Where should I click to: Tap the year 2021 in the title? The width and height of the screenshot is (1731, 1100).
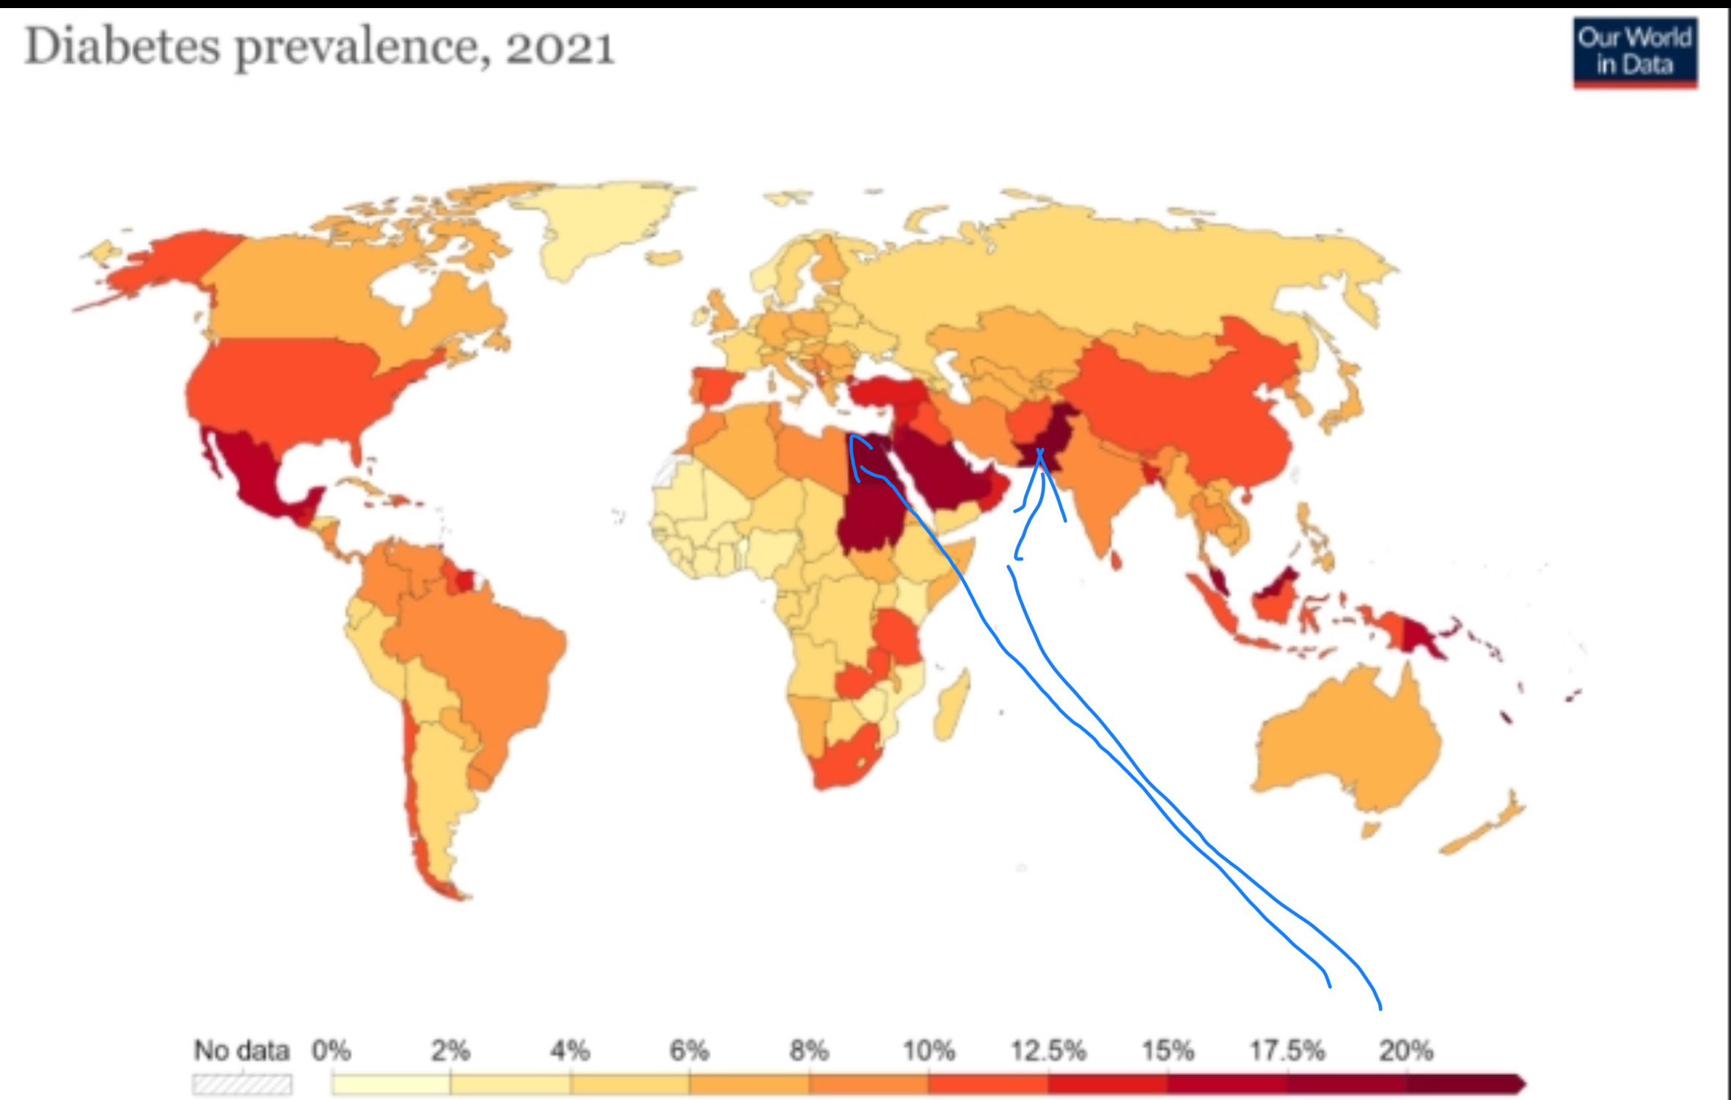coord(559,48)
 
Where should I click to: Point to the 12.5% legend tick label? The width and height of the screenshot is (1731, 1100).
coord(1048,1051)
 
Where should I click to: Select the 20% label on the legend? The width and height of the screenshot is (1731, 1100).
coord(1405,1051)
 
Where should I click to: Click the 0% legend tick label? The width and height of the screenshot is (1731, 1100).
coord(332,1051)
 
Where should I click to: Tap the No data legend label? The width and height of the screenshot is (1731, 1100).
coord(242,1051)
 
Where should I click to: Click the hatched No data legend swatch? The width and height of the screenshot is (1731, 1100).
coord(242,1085)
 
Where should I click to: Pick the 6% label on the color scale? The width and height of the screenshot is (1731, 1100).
coord(689,1051)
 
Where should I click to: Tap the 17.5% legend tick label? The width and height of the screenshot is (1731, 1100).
coord(1287,1051)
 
